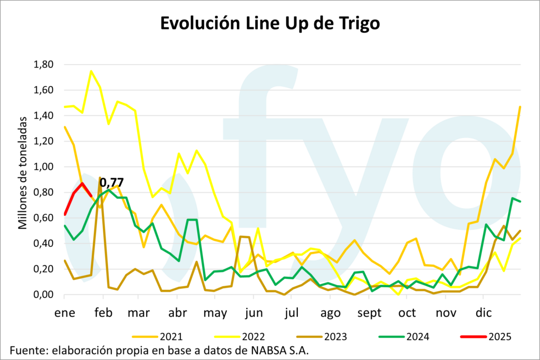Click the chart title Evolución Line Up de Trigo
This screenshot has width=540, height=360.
click(x=269, y=24)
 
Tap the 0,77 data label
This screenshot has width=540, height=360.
click(x=112, y=183)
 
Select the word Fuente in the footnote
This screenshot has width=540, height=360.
click(x=27, y=351)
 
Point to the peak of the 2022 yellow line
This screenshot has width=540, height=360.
click(x=91, y=71)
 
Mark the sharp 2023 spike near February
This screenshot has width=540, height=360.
click(x=100, y=178)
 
